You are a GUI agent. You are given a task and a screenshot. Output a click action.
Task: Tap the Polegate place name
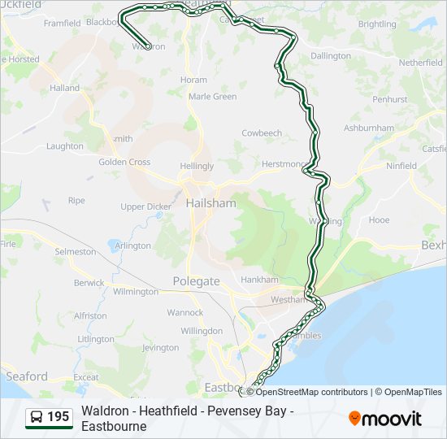click(x=196, y=281)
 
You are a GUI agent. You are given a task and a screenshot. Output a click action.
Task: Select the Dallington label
click(x=330, y=56)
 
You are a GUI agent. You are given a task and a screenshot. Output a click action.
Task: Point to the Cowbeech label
click(x=262, y=133)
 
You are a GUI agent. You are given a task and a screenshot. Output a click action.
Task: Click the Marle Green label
click(x=212, y=97)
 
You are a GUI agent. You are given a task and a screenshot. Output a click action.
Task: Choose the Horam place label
click(x=193, y=80)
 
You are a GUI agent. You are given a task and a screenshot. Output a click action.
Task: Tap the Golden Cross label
click(x=124, y=163)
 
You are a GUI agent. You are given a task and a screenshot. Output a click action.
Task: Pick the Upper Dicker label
click(x=145, y=207)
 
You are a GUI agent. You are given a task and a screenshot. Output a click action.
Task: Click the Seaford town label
click(x=27, y=376)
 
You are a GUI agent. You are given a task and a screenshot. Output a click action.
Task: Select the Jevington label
click(x=160, y=348)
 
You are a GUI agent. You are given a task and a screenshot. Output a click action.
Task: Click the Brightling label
click(x=376, y=24)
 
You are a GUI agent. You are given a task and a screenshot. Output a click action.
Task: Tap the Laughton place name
click(x=65, y=146)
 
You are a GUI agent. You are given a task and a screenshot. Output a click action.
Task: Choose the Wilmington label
click(x=136, y=291)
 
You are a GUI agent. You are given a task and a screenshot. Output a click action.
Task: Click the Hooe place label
click(x=379, y=220)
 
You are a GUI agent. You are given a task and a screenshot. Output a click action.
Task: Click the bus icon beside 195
click(x=37, y=418)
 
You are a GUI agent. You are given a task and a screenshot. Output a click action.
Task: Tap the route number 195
click(x=58, y=418)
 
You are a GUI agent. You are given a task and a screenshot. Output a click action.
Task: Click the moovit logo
click(x=385, y=418)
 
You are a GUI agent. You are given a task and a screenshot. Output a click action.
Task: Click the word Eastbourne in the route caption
click(x=114, y=426)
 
